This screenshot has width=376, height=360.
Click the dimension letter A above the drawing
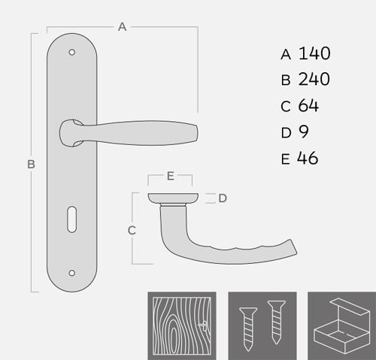click(x=122, y=27)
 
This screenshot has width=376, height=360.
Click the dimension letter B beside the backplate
click(x=31, y=165)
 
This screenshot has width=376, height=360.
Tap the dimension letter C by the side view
click(x=132, y=231)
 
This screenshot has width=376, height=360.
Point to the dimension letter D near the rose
click(x=223, y=198)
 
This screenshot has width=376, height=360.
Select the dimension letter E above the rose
click(x=171, y=176)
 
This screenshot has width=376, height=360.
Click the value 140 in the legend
click(x=314, y=53)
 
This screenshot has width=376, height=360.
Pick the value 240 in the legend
click(x=314, y=79)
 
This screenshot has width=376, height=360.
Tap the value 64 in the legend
click(x=308, y=105)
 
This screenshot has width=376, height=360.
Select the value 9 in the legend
click(x=304, y=132)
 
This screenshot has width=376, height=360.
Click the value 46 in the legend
click(x=308, y=158)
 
